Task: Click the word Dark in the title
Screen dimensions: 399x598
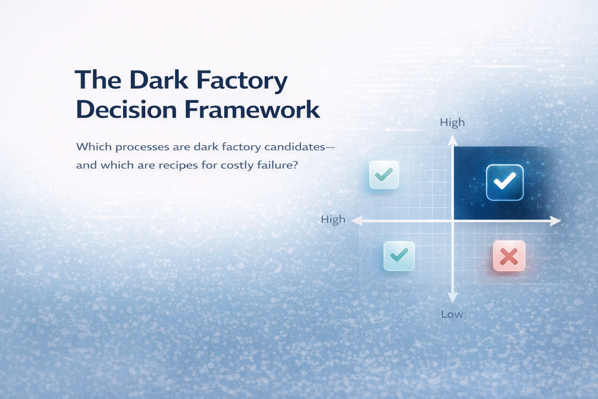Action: pos(158,80)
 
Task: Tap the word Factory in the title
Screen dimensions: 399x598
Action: pos(242,80)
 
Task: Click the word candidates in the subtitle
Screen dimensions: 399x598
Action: pos(295,147)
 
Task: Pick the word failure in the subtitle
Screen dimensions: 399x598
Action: pos(277,165)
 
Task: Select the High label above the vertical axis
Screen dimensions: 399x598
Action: pos(452,122)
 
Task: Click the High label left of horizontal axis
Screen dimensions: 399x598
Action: pos(333,219)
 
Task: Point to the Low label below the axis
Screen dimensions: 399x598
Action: pos(452,314)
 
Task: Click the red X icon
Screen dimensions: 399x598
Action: pos(509,256)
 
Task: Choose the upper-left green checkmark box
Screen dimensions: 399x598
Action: pos(384,175)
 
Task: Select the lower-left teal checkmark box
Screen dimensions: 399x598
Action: pos(399,256)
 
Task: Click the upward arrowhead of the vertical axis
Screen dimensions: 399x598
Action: pos(452,139)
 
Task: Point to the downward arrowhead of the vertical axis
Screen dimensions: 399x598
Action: pos(452,299)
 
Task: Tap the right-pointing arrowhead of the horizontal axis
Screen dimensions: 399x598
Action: pos(556,221)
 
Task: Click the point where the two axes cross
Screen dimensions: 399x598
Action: pos(452,221)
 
